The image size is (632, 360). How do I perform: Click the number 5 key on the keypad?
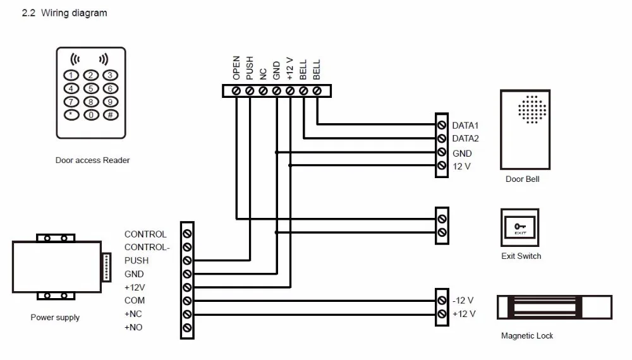[x=90, y=88]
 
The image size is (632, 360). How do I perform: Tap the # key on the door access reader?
[x=111, y=115]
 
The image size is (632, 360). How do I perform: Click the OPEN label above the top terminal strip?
[x=236, y=68]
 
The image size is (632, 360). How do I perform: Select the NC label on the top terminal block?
[x=263, y=74]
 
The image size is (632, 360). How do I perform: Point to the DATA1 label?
[x=465, y=126]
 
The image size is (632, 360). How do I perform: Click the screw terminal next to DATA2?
[x=442, y=138]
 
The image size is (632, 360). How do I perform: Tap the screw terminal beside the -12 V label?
[x=442, y=301]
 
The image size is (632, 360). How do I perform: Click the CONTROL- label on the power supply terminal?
[x=147, y=247]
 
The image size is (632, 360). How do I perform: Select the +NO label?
[x=133, y=327]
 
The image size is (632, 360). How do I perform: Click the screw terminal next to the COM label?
[x=187, y=301]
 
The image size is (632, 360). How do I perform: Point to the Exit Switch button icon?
[x=520, y=227]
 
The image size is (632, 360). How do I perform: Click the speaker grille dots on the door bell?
[x=532, y=109]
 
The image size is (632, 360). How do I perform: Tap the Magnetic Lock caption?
[x=527, y=336]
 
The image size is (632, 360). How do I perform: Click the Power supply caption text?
[x=55, y=317]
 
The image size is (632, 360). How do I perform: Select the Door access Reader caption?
[x=92, y=160]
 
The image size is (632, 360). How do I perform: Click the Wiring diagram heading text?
[x=74, y=13]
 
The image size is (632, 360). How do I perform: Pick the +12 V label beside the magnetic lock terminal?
[x=464, y=314]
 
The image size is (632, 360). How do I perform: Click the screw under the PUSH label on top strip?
[x=250, y=91]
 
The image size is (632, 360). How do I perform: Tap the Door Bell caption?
[x=523, y=179]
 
